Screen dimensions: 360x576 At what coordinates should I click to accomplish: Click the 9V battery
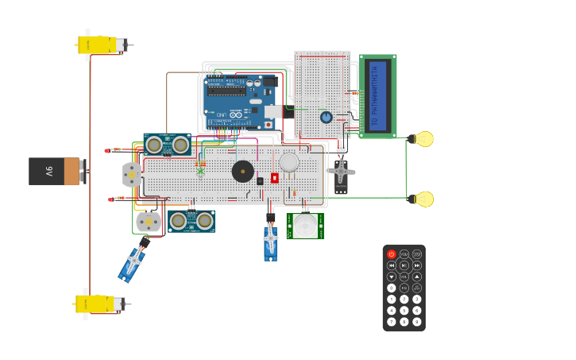[x=55, y=171]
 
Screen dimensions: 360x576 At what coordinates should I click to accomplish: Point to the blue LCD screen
[x=377, y=96]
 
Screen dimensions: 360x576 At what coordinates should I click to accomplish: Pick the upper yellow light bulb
[x=423, y=139]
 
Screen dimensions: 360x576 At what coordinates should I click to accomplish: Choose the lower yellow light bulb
[x=423, y=199]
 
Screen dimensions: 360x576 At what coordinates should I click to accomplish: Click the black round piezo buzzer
[x=243, y=171]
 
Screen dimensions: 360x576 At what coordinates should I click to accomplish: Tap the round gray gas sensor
[x=289, y=162]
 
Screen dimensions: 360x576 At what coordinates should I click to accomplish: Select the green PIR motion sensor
[x=305, y=226]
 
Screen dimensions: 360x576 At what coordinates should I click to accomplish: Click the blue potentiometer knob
[x=326, y=117]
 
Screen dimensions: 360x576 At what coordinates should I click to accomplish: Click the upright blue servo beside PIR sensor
[x=271, y=242]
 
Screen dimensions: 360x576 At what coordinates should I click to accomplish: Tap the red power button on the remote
[x=392, y=254]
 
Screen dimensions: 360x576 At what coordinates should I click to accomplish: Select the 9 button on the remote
[x=417, y=322]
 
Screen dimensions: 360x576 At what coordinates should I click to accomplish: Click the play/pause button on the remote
[x=404, y=265]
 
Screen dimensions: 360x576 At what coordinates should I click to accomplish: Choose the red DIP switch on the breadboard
[x=275, y=178]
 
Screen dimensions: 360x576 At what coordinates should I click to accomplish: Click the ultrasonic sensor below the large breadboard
[x=191, y=221]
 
